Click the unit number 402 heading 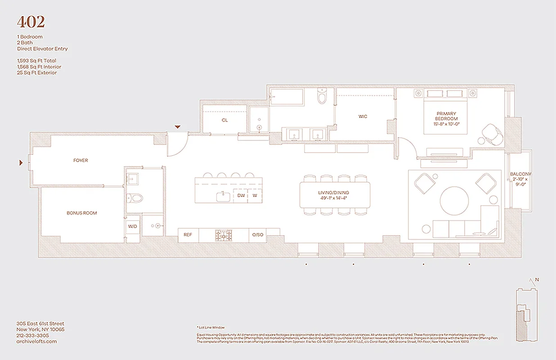coord(31,22)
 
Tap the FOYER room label coord(81,160)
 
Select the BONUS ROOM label coord(81,213)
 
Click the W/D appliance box coord(133,226)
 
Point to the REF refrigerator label coord(188,234)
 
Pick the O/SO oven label coord(257,234)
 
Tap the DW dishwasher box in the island coord(241,196)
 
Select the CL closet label coord(224,120)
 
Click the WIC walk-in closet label coord(363,117)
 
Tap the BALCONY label coord(520,174)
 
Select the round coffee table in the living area coord(454,201)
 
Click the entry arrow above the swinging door coord(178,127)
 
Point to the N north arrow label coord(537,279)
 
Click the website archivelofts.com coord(37,342)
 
